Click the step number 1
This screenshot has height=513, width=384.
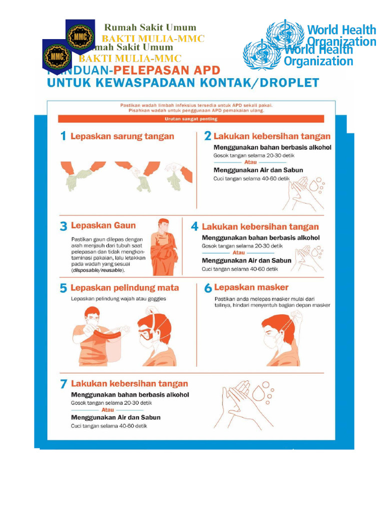click(63, 136)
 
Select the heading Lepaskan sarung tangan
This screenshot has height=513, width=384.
click(122, 136)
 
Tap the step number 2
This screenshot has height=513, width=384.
click(207, 136)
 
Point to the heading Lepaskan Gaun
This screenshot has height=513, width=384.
click(103, 225)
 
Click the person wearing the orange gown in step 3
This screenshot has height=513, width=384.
click(164, 247)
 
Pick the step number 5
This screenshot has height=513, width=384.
click(63, 288)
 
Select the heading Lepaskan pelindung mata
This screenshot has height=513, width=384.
click(124, 288)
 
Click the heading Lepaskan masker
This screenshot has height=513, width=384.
click(251, 288)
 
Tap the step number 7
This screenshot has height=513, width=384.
click(63, 384)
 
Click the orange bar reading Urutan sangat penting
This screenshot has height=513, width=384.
click(191, 119)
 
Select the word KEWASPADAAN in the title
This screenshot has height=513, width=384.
click(149, 83)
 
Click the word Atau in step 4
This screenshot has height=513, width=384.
click(238, 253)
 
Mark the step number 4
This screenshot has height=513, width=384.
click(194, 226)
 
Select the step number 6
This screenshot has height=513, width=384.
click(207, 288)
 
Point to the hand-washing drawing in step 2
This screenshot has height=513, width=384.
click(302, 193)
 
